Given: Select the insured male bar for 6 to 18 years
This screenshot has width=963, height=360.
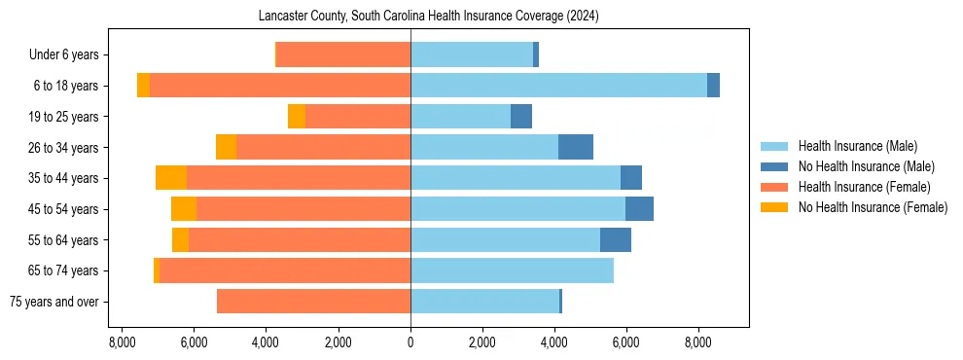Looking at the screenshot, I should [x=558, y=86].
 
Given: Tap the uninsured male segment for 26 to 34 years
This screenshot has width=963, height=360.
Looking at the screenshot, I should [x=576, y=147].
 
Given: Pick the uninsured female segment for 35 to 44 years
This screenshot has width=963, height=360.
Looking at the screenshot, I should [x=171, y=178].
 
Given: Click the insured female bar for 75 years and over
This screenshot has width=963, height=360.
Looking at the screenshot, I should [x=313, y=302].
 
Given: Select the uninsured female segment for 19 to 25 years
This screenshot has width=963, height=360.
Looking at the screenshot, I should [x=297, y=117].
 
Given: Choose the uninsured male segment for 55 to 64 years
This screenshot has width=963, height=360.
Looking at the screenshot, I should [x=616, y=239].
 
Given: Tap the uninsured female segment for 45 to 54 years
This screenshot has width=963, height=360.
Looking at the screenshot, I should [x=184, y=209].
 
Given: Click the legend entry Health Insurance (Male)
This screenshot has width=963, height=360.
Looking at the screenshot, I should [x=857, y=146].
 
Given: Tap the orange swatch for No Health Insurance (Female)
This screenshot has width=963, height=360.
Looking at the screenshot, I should [x=775, y=207].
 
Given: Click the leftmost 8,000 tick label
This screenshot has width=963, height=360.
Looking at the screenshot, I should [x=122, y=342].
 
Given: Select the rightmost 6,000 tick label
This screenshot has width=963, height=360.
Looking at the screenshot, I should [x=626, y=342].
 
